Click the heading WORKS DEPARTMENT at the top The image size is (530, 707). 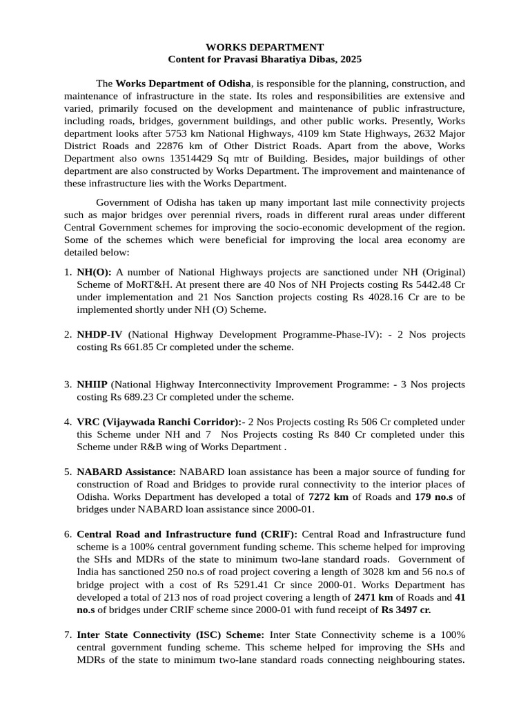point(265,48)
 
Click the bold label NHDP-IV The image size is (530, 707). point(99,335)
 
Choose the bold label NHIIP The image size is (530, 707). point(92,385)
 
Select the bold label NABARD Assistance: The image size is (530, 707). point(126,472)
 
